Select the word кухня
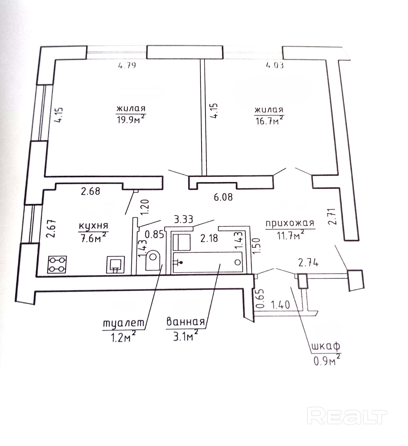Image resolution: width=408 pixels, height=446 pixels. [x=94, y=226]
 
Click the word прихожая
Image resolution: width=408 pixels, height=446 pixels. [x=289, y=223]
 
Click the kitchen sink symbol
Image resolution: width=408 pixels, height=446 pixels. [x=115, y=264]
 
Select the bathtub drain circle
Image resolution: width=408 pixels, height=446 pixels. [x=238, y=262]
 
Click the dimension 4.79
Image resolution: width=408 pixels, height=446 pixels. [x=127, y=65]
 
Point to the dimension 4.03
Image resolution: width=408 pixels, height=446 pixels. [x=274, y=65]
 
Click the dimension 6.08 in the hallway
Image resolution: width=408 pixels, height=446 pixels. [x=223, y=197]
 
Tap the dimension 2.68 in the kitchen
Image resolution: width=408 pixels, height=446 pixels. [x=90, y=191]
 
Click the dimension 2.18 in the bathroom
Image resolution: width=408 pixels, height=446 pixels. [x=209, y=239]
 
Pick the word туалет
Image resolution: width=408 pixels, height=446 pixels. [x=124, y=323]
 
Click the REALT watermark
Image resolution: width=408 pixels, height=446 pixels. [x=347, y=416]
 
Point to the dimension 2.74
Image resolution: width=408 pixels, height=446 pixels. [x=308, y=263]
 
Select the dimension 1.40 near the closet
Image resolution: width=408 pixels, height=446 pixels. [x=281, y=304]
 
